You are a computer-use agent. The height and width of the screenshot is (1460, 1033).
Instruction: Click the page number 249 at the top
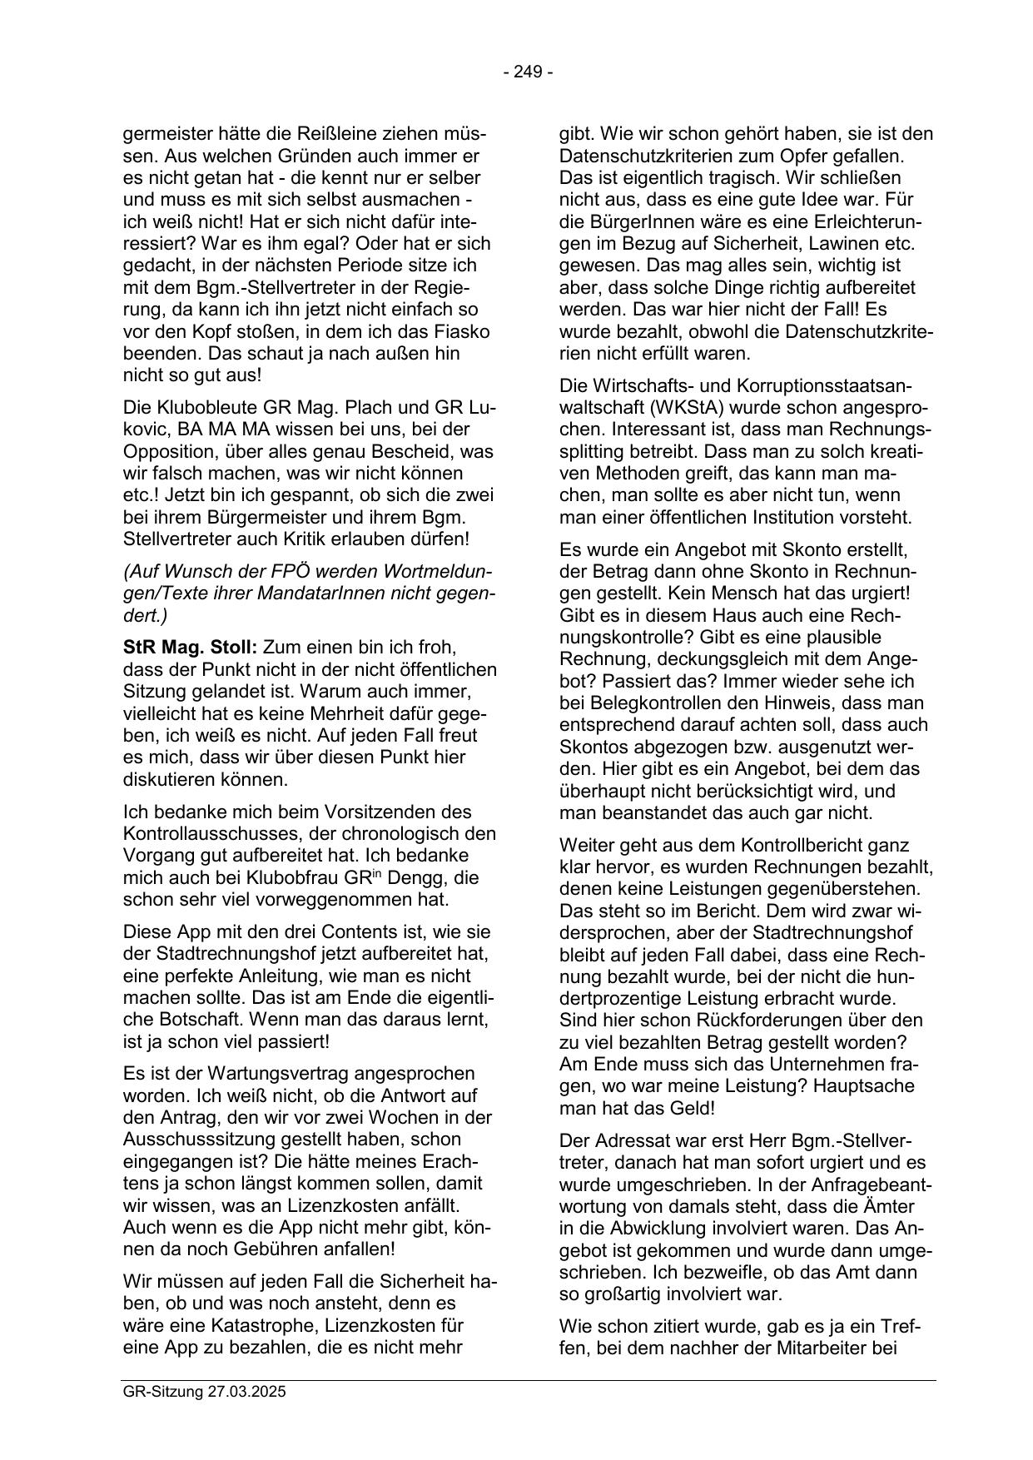(528, 72)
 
